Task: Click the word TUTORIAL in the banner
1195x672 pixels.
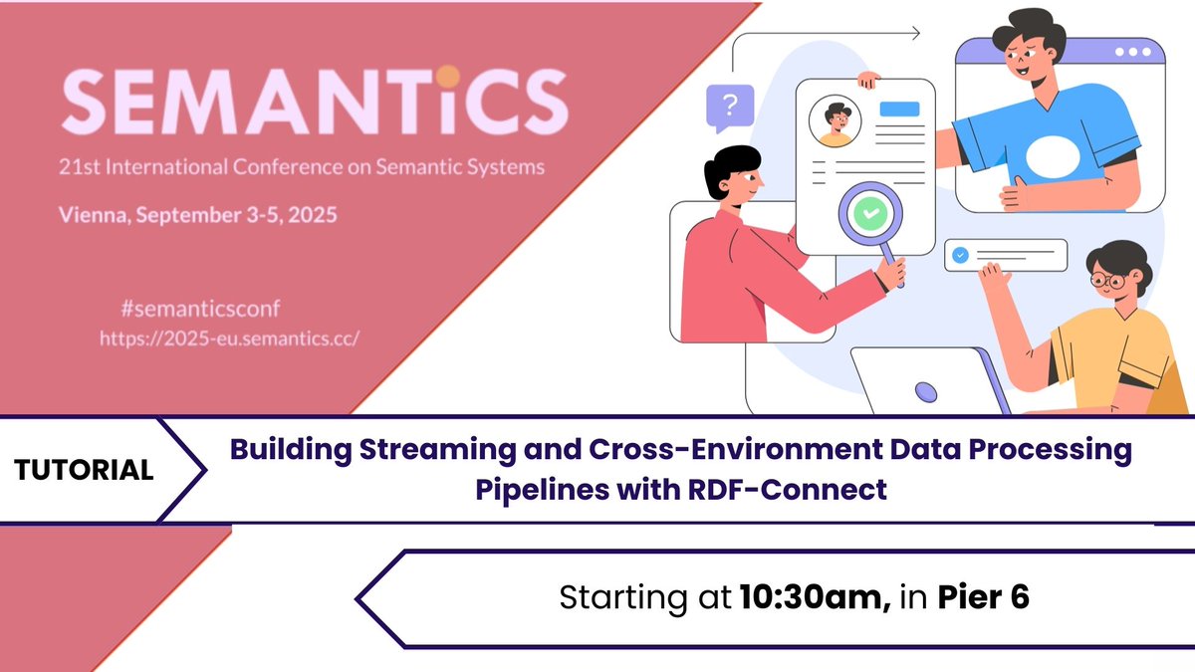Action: (x=84, y=470)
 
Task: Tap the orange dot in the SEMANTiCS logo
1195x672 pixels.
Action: (x=447, y=77)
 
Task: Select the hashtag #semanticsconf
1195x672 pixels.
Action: (x=200, y=309)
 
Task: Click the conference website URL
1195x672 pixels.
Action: (x=229, y=338)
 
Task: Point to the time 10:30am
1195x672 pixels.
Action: (x=815, y=596)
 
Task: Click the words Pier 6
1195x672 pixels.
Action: (x=983, y=596)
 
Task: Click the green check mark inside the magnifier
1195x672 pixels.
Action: (x=870, y=213)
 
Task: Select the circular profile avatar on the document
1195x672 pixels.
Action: (x=835, y=121)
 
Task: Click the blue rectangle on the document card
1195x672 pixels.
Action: (x=899, y=109)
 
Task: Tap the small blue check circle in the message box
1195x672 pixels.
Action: (x=960, y=256)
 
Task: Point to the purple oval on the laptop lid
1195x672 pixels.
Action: (x=926, y=392)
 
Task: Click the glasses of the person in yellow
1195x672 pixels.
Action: (x=1109, y=280)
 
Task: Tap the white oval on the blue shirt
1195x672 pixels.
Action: (x=1053, y=157)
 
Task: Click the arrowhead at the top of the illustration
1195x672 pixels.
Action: (x=915, y=33)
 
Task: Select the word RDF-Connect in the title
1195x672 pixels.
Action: (x=788, y=490)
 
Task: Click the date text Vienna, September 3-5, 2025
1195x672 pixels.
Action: (x=198, y=215)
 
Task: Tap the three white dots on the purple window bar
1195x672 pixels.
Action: (x=1133, y=52)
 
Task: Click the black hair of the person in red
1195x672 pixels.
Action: (x=732, y=166)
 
